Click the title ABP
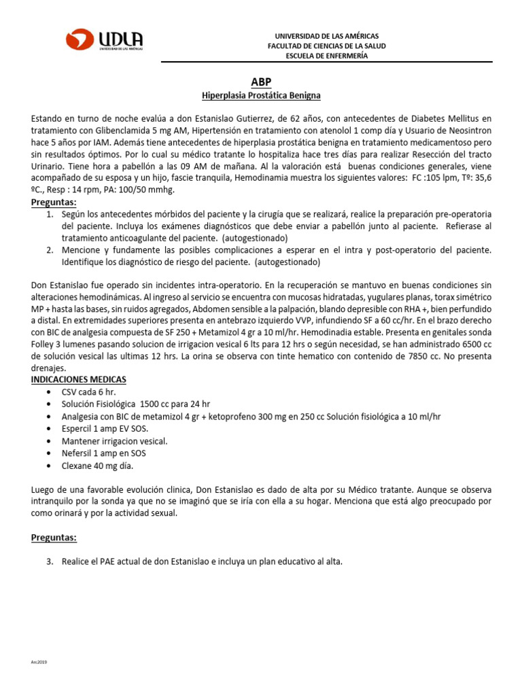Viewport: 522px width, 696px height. (x=261, y=82)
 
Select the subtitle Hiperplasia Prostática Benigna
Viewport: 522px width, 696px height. (x=261, y=96)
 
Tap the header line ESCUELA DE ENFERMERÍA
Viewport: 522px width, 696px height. (x=326, y=56)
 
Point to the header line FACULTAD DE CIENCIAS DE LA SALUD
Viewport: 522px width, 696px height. (x=326, y=46)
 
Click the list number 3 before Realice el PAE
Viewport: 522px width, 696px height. (x=49, y=562)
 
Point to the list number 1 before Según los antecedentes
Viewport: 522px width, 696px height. (x=49, y=214)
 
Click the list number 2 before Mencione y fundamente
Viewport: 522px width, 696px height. (x=49, y=250)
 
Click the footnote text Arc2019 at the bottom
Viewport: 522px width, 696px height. (x=39, y=661)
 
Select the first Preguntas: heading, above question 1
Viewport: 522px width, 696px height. (x=54, y=203)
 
